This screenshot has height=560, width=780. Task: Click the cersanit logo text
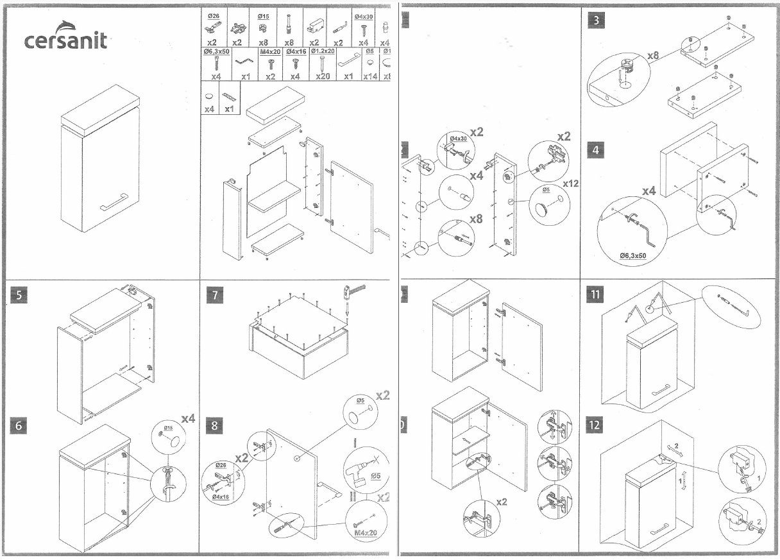pos(65,40)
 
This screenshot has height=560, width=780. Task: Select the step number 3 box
pos(597,20)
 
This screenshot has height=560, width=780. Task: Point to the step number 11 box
pos(597,295)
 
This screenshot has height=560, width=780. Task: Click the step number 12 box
pos(597,424)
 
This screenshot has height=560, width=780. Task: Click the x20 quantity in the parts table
pos(323,76)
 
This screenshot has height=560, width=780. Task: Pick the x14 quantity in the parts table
pos(370,76)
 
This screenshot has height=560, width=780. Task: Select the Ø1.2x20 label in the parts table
pos(323,51)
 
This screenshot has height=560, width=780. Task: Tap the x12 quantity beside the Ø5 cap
pos(570,183)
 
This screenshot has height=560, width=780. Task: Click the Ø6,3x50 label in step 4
pos(633,256)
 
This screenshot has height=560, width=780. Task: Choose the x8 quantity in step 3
pos(653,56)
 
